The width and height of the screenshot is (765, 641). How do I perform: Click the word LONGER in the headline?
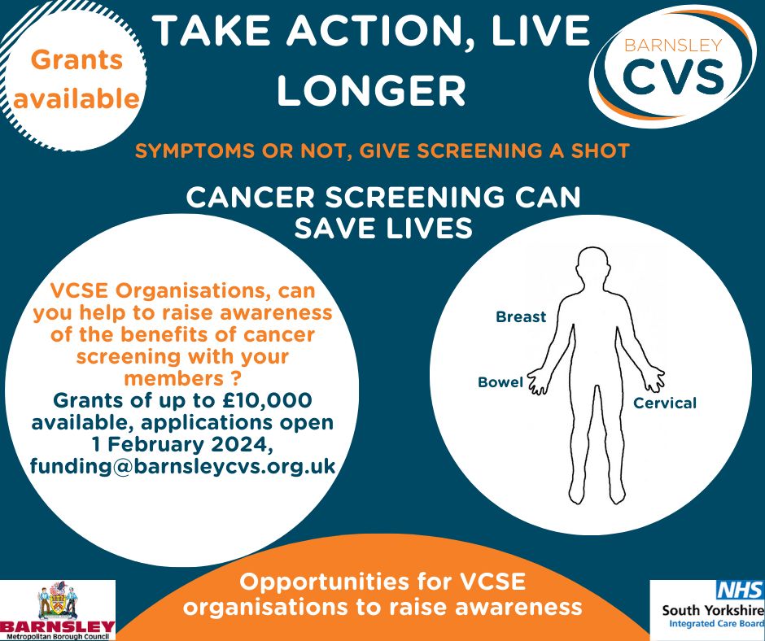[x=372, y=91]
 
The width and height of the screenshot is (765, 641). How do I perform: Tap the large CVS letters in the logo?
[x=674, y=76]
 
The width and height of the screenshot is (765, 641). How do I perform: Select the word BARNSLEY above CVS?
[x=673, y=46]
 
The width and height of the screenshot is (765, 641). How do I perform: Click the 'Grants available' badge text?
[x=76, y=80]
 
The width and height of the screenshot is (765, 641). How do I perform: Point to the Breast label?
[x=521, y=317]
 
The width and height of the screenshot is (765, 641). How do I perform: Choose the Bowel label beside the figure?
[x=501, y=382]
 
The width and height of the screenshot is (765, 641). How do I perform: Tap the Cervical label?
[x=665, y=403]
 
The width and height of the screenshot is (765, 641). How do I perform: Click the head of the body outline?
[x=592, y=268]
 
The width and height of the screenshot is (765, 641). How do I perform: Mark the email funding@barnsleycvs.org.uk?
[x=182, y=466]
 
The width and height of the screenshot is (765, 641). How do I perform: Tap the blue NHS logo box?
[x=740, y=590]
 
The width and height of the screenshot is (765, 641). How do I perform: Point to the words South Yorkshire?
[x=713, y=610]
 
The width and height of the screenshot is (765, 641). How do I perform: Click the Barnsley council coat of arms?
[x=58, y=600]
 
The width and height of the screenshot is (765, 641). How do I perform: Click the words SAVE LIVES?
[x=383, y=228]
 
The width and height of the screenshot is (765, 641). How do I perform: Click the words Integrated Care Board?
[x=716, y=623]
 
